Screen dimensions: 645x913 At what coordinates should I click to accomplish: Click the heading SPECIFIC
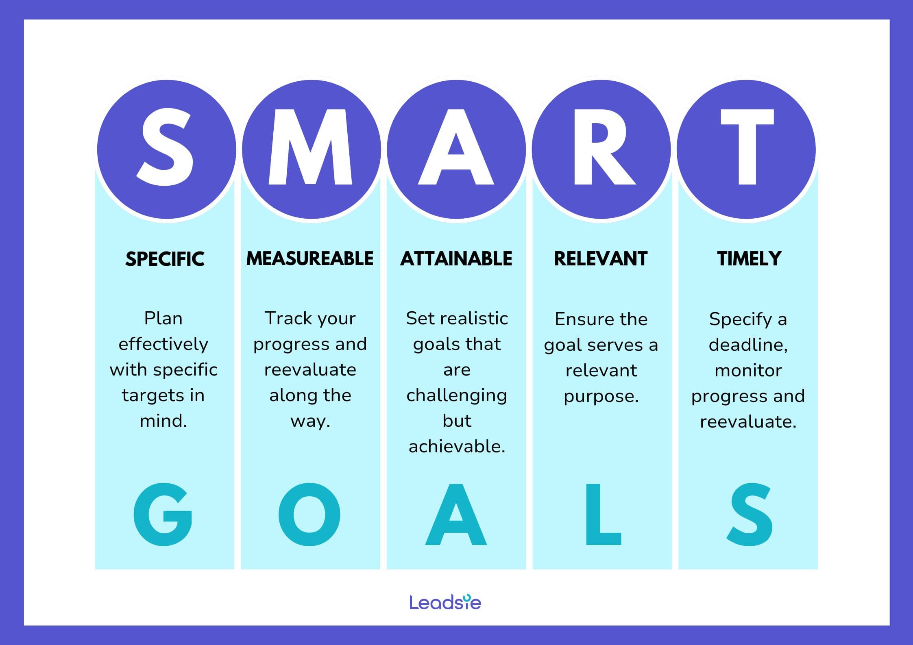pos(165,259)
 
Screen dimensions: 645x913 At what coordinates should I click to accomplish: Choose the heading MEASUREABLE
pos(310,258)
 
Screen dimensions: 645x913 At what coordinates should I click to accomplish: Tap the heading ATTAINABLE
pos(456,259)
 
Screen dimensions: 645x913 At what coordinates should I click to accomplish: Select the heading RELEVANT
pos(601,259)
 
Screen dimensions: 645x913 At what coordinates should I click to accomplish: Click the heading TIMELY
pos(749,259)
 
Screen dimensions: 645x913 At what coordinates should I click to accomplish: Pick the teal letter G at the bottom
pos(163,515)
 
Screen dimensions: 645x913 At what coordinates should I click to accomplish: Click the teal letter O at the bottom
pos(309,515)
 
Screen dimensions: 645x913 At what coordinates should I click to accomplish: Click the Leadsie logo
pos(445,602)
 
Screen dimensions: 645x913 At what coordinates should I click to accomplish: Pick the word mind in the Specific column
pos(161,421)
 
